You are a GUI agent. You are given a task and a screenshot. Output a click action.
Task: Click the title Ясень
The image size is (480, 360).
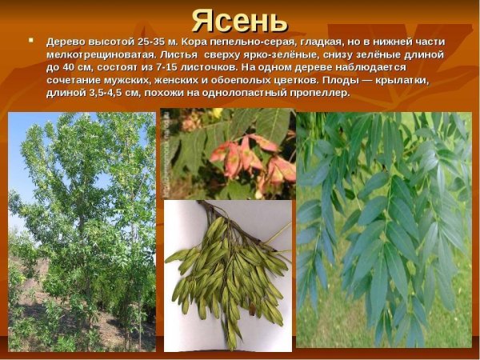(x=239, y=19)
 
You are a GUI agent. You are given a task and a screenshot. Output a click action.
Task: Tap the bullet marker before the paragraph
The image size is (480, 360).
(x=30, y=39)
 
